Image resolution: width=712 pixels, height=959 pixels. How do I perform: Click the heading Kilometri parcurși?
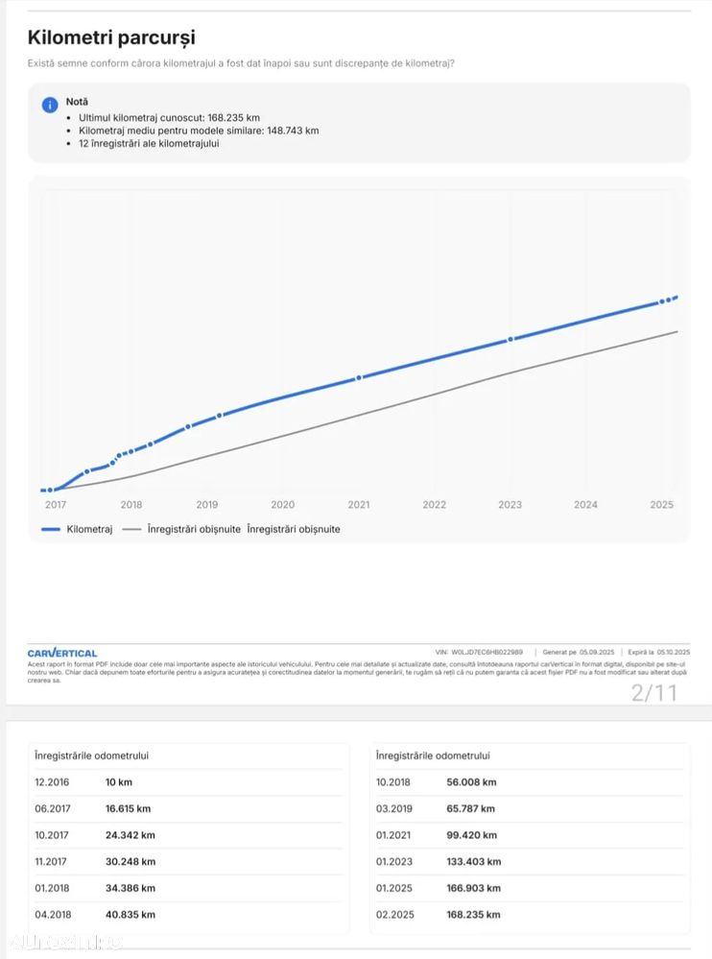point(111,37)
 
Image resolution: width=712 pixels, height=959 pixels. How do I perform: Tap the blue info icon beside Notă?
point(50,105)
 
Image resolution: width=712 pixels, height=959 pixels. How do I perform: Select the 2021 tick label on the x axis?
point(359,505)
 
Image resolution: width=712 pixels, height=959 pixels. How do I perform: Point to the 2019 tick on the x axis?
point(207,505)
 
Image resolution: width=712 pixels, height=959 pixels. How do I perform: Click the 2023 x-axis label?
point(510,505)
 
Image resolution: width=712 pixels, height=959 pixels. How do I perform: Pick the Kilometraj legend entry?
point(77,529)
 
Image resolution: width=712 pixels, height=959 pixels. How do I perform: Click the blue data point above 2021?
point(359,378)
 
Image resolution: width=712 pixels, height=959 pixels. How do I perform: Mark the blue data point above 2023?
point(510,339)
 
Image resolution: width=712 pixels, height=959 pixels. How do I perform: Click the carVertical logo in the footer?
point(62,653)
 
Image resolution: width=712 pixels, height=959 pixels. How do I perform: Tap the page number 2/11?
point(653,692)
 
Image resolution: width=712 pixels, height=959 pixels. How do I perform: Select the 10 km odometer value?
point(119,782)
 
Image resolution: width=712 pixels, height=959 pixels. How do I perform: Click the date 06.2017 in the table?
point(54,809)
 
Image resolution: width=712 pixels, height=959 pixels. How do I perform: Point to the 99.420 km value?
point(471,835)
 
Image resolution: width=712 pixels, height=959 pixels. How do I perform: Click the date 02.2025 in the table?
point(395,915)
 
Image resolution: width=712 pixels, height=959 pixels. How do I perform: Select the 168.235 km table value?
point(473,915)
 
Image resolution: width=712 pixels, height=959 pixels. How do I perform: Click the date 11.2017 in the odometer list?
point(54,862)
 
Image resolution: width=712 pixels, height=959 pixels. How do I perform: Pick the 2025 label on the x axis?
point(661,505)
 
